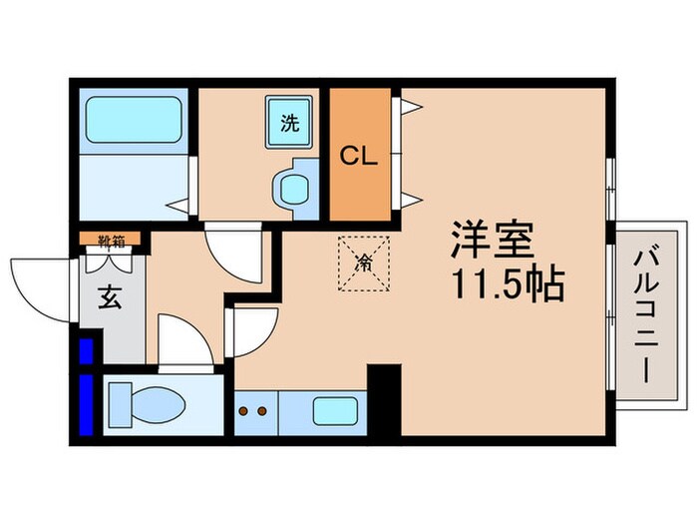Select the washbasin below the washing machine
[292, 188]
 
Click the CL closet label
[359, 156]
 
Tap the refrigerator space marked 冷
[364, 263]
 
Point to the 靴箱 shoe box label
[111, 240]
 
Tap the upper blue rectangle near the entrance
[86, 351]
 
